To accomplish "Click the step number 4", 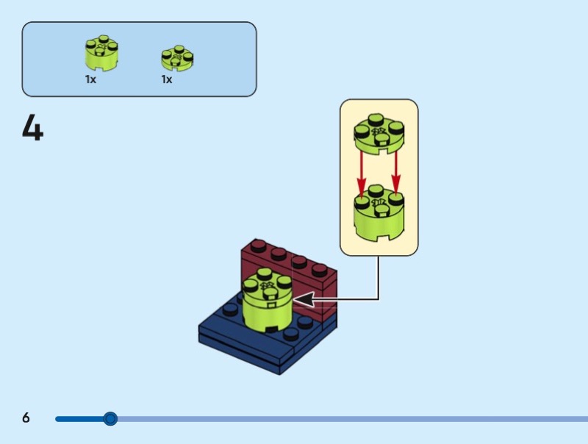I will [x=32, y=128].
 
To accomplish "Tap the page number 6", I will [x=26, y=418].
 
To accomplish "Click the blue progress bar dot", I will [x=110, y=419].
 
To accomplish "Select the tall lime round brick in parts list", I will [x=101, y=54].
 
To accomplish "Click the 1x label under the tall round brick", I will [x=90, y=79].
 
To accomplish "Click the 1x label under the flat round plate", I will [x=167, y=79].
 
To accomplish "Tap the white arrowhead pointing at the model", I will [x=304, y=299].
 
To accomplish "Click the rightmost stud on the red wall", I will [x=322, y=270].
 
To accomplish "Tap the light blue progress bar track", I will [x=353, y=419].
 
